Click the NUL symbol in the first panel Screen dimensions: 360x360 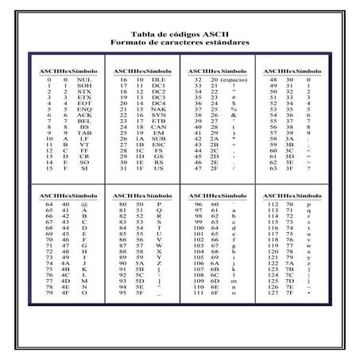tap(85, 80)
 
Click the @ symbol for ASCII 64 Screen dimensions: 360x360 tap(84, 204)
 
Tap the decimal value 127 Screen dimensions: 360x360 tap(277, 292)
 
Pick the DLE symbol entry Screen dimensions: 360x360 tap(158, 80)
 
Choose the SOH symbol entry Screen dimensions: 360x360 tap(85, 86)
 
